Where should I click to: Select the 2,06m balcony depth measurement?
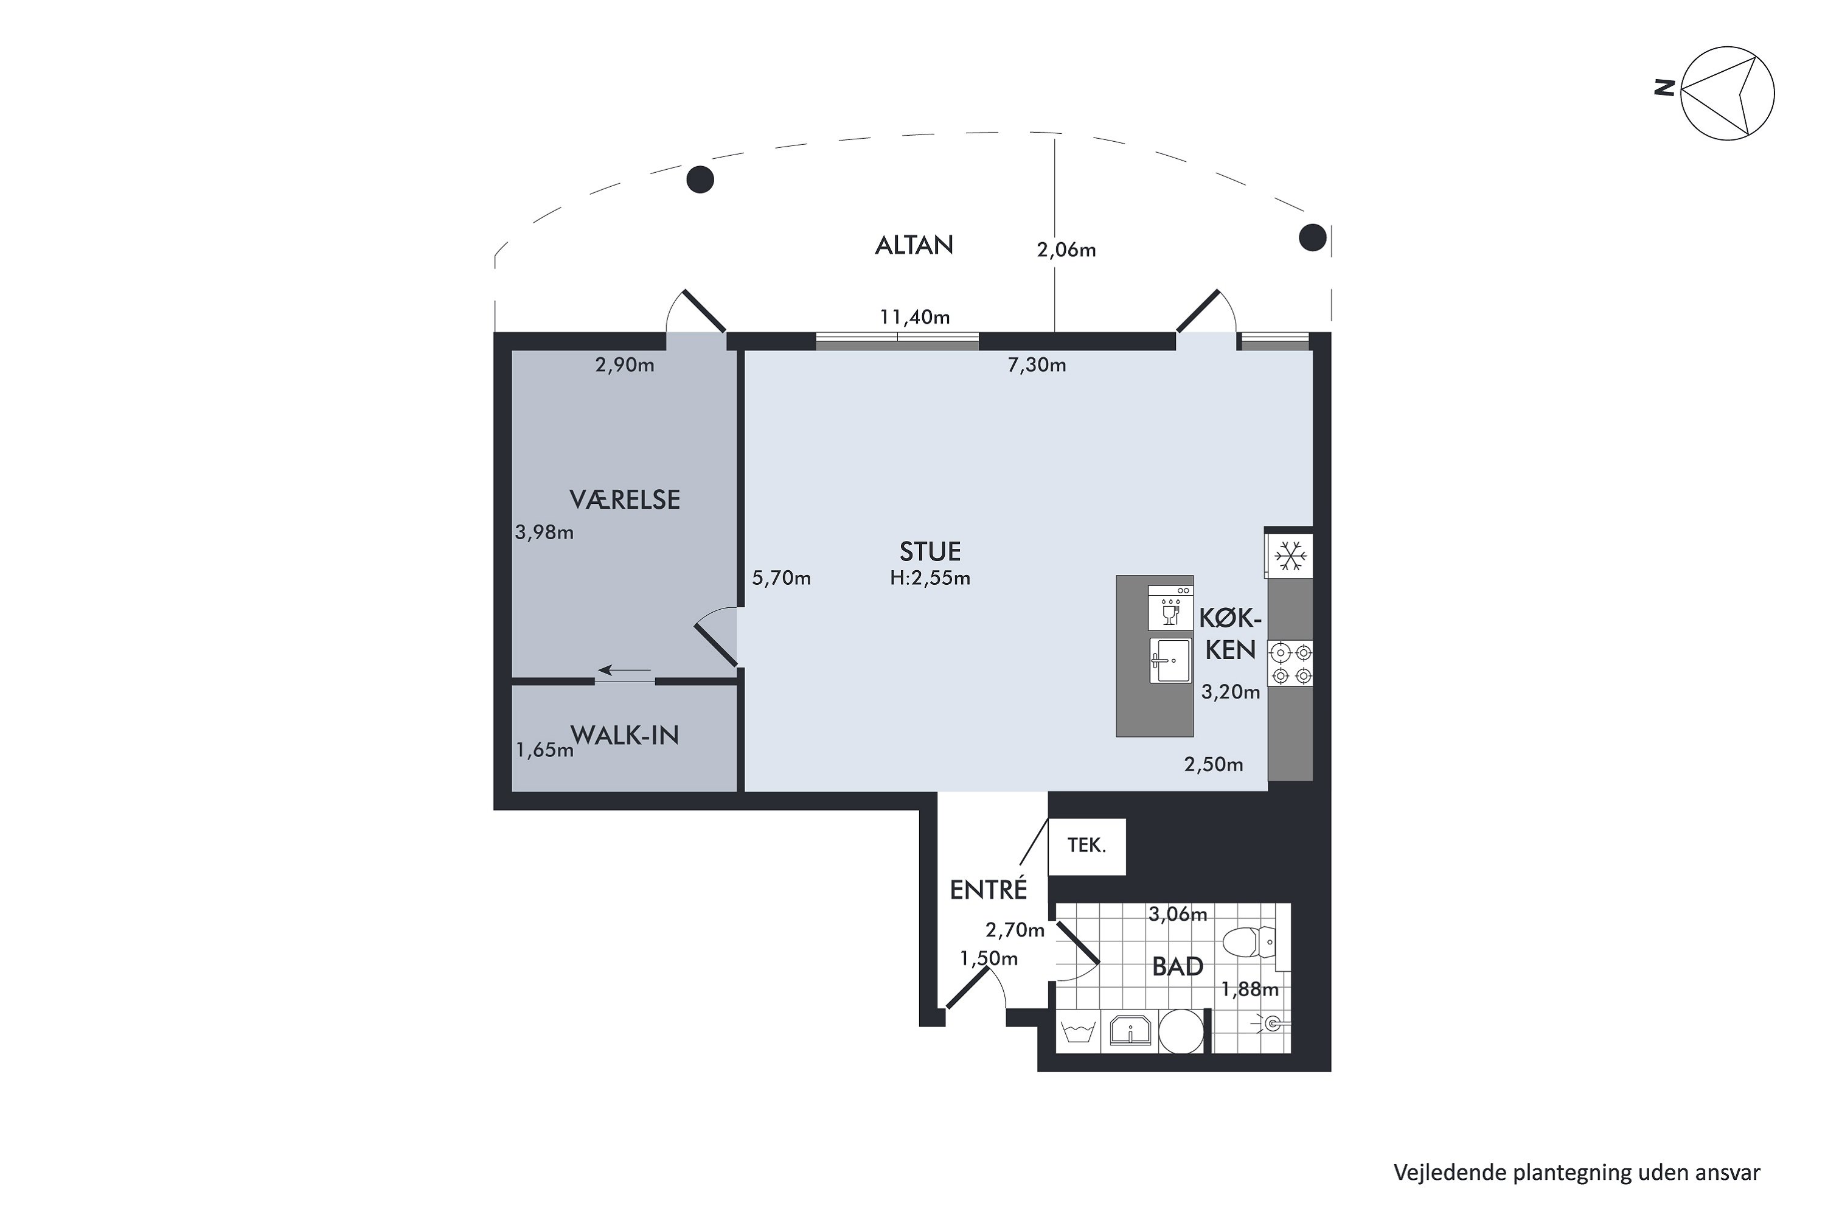point(1066,250)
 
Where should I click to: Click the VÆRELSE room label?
point(625,500)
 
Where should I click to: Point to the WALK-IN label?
point(625,735)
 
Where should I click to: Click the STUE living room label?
point(930,552)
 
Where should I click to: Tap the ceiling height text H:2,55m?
point(930,578)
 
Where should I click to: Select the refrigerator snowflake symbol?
point(1290,556)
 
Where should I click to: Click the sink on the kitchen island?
point(1170,660)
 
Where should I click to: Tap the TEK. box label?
point(1086,845)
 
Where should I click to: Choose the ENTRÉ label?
point(989,890)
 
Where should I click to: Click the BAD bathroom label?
point(1177,967)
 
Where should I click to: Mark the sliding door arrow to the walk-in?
point(625,670)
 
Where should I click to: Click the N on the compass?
point(1664,87)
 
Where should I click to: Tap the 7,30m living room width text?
point(1037,364)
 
